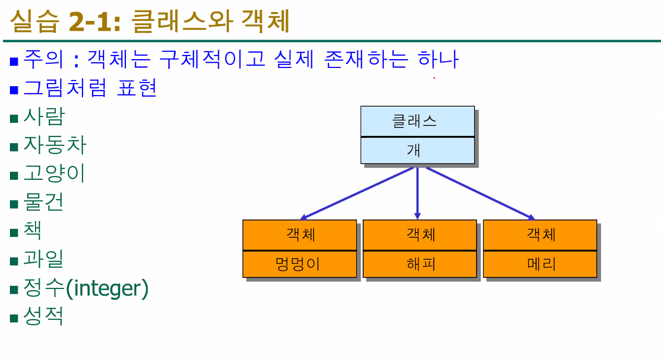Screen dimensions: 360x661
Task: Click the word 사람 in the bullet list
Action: (44, 116)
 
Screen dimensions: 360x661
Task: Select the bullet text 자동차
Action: (54, 145)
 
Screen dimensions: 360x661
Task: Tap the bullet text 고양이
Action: (54, 173)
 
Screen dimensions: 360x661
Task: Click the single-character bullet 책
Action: (32, 230)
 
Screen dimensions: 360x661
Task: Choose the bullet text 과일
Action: (44, 259)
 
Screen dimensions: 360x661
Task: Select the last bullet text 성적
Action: (44, 316)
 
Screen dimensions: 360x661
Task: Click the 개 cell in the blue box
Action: (417, 150)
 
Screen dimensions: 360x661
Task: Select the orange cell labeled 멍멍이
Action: (299, 264)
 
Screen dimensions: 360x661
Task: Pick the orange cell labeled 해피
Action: (420, 264)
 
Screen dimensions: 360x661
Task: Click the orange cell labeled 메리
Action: (540, 264)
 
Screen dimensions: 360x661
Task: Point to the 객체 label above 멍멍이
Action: (299, 235)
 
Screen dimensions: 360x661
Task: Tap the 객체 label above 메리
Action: (540, 235)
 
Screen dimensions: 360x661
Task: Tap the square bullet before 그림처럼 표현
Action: (14, 90)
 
